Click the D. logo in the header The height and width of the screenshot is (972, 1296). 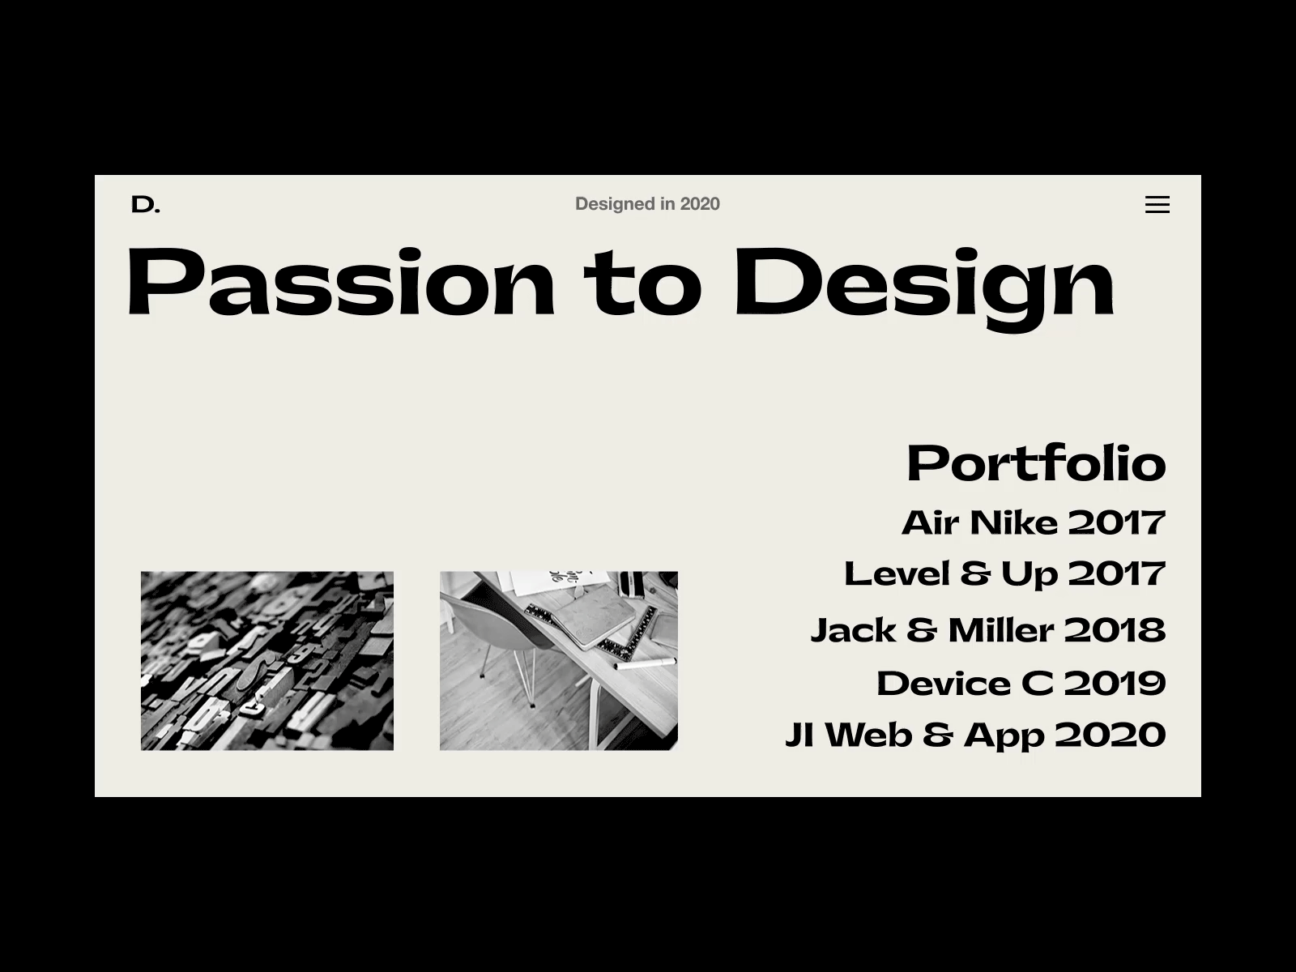tap(145, 205)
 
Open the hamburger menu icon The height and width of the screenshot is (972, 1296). tap(1157, 205)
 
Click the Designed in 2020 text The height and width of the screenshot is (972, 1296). tap(646, 204)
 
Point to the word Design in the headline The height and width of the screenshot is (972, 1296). tap(923, 283)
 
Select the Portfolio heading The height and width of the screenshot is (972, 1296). tap(1035, 463)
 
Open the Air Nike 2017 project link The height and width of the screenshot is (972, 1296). tap(1033, 522)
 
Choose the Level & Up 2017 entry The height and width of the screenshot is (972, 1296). tap(1004, 574)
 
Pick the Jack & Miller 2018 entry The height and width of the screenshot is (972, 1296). tap(987, 630)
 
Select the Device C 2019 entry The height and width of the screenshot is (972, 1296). tap(1021, 684)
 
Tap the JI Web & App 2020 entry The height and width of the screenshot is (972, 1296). tap(975, 735)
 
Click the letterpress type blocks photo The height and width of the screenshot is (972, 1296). tap(267, 660)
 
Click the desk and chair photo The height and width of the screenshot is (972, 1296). tap(558, 660)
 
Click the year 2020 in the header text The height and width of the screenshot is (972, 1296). tap(700, 204)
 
